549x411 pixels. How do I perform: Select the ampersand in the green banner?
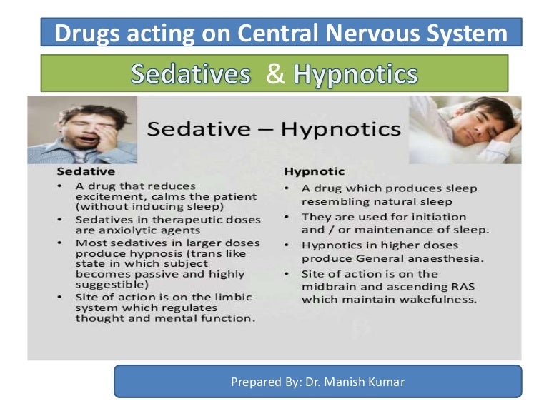tap(274, 73)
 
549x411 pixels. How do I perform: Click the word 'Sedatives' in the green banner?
tap(190, 73)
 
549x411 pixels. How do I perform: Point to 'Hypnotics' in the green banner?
tap(355, 73)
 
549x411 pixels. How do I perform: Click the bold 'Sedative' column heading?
tap(86, 172)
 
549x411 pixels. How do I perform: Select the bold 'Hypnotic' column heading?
tap(314, 172)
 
